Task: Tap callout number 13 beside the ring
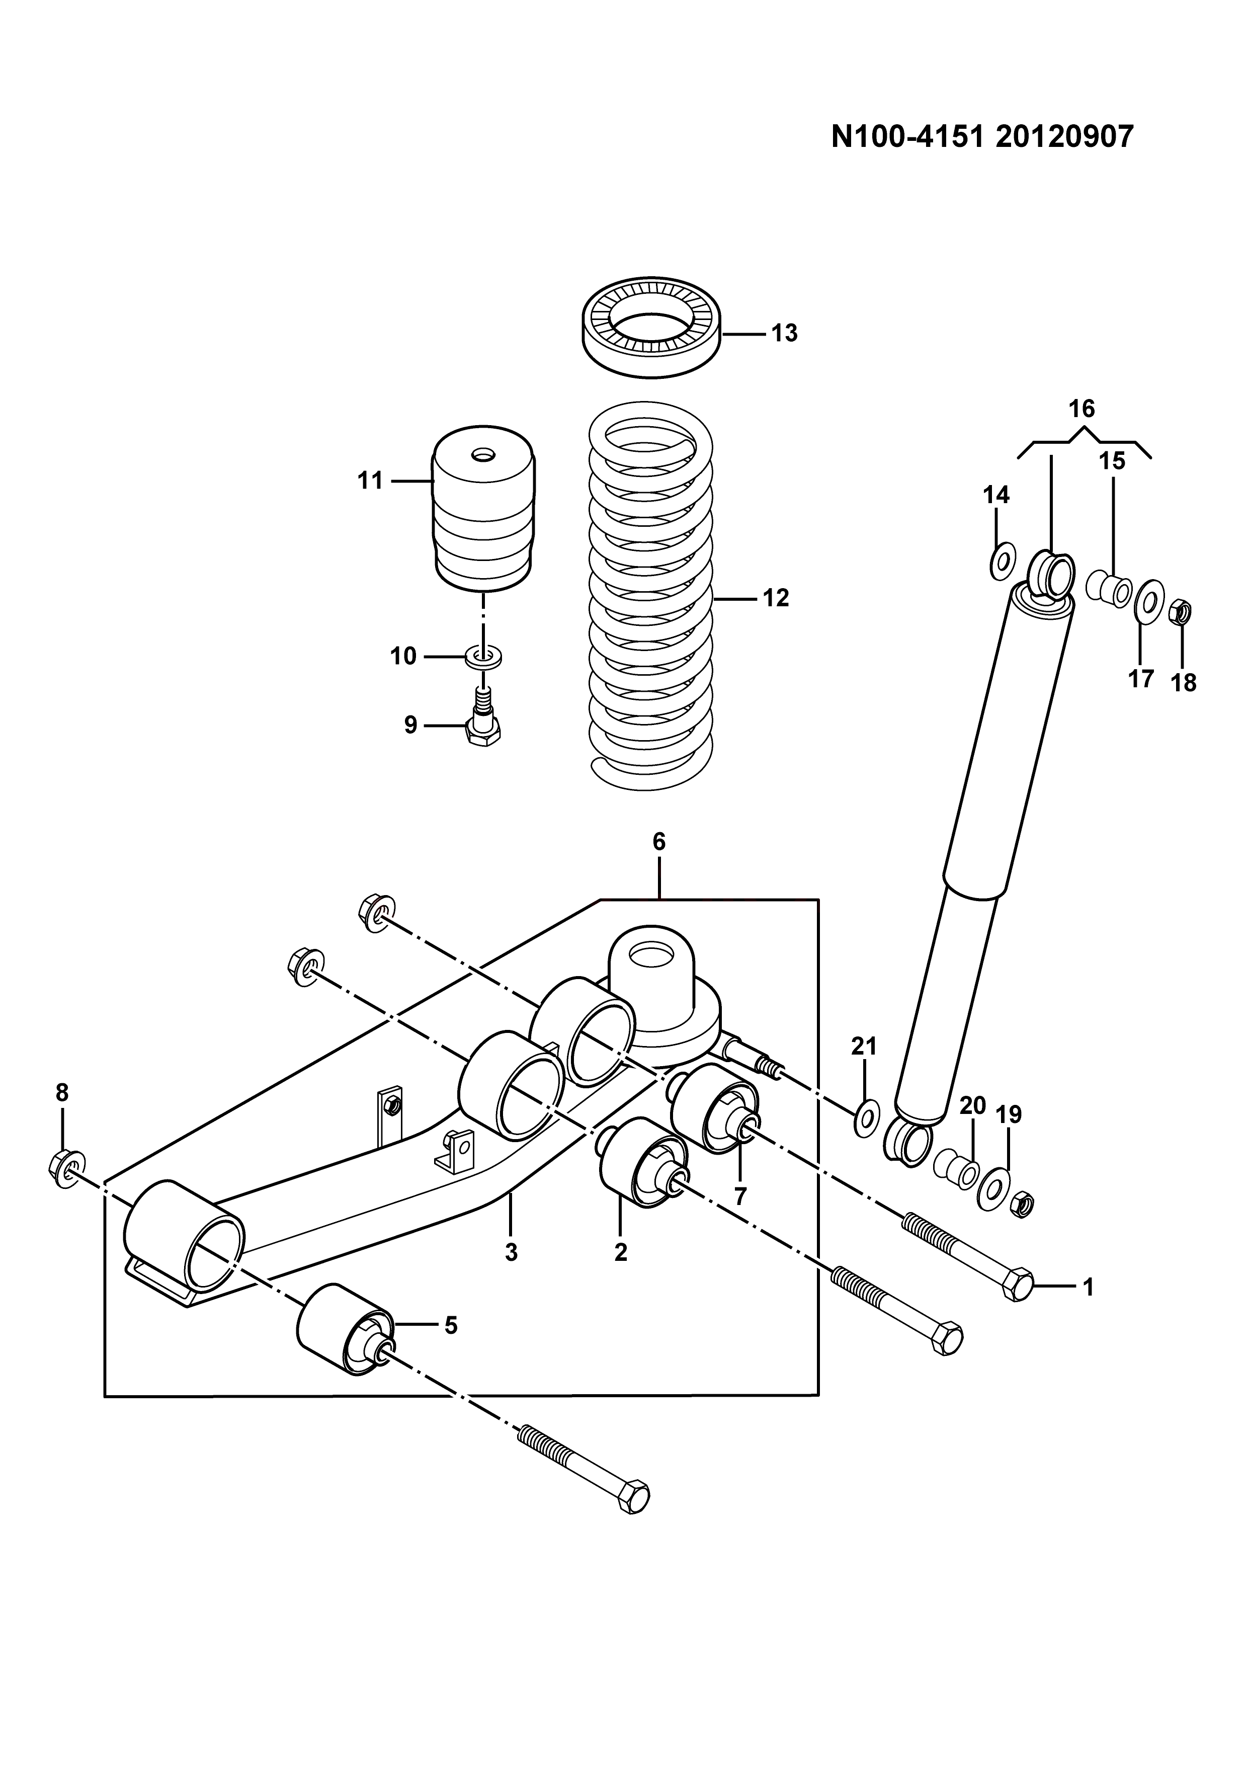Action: coord(785,334)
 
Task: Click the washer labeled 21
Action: coord(866,1117)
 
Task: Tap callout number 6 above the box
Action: coord(659,842)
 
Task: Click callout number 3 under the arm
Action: coord(511,1253)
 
